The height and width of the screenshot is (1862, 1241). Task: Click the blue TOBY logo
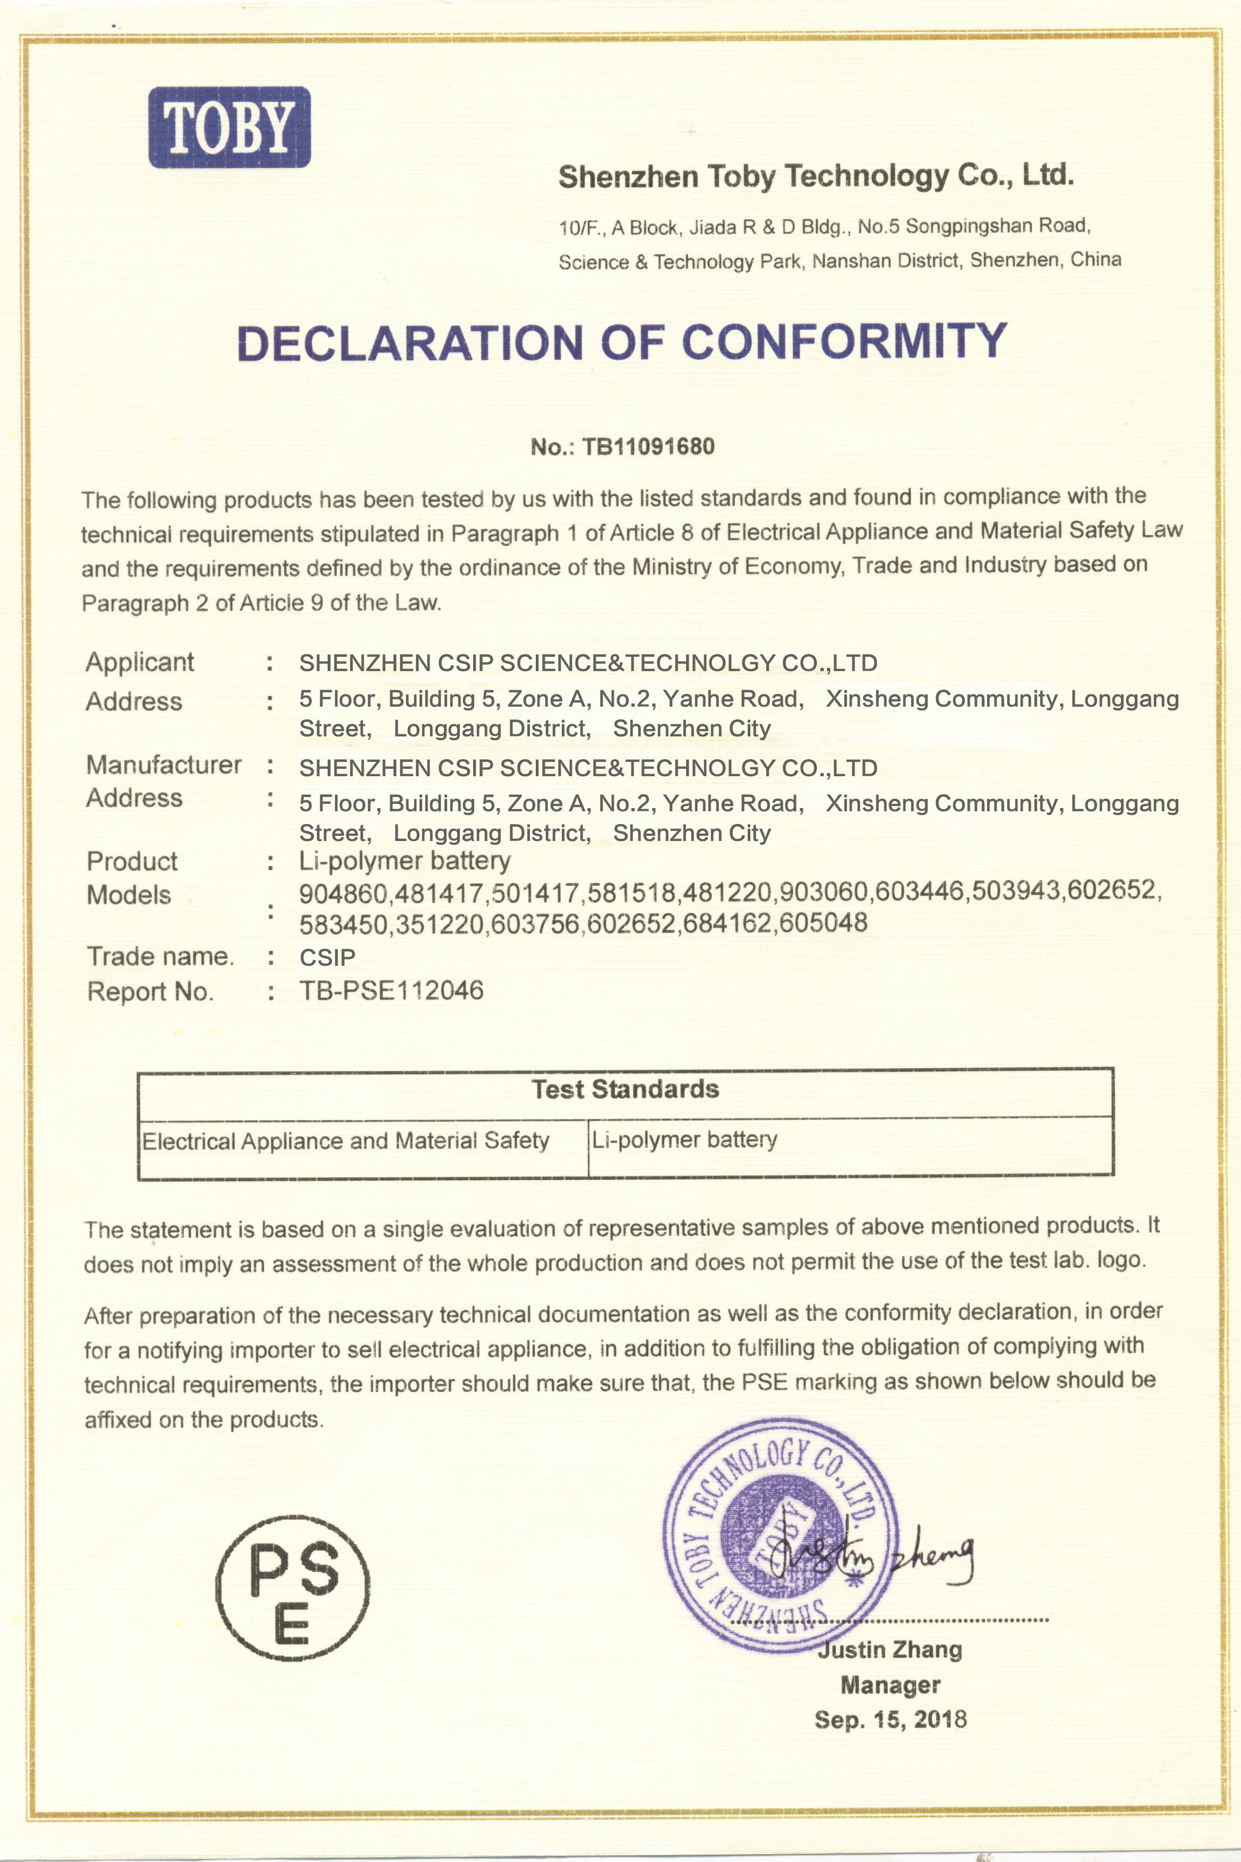tap(229, 127)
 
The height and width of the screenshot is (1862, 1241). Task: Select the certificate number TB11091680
tap(648, 447)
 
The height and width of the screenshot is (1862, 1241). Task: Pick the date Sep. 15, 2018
tap(891, 1720)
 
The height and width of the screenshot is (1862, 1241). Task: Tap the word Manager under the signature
tap(891, 1685)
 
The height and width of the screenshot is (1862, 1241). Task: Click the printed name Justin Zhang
tap(891, 1650)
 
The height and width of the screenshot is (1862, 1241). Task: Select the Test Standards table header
tap(625, 1089)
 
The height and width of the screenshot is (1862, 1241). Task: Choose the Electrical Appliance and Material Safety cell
tap(345, 1141)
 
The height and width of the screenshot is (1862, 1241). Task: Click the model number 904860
tap(344, 894)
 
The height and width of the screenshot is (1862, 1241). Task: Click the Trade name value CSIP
tap(327, 957)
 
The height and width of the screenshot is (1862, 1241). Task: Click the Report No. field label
tap(150, 992)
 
